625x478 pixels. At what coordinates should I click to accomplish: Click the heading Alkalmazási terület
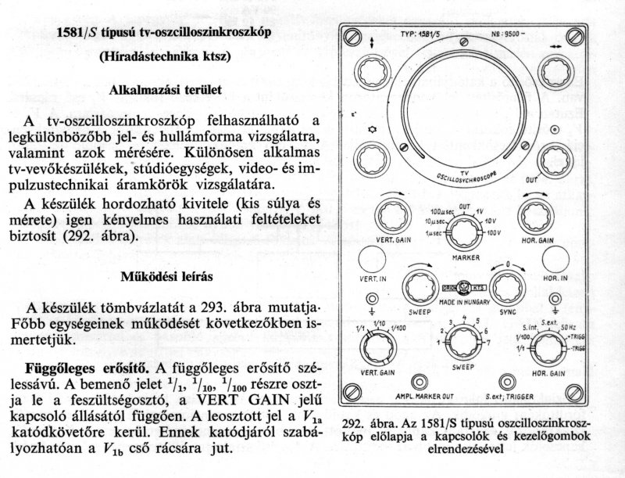pos(166,89)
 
